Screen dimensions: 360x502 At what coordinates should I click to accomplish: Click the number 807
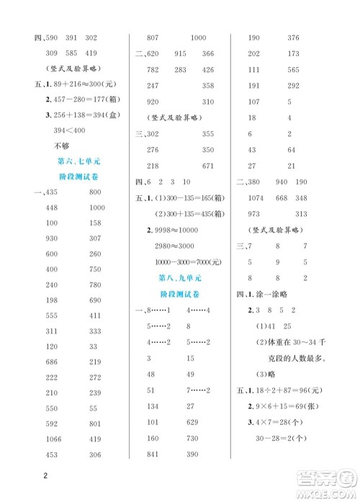coord(152,37)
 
